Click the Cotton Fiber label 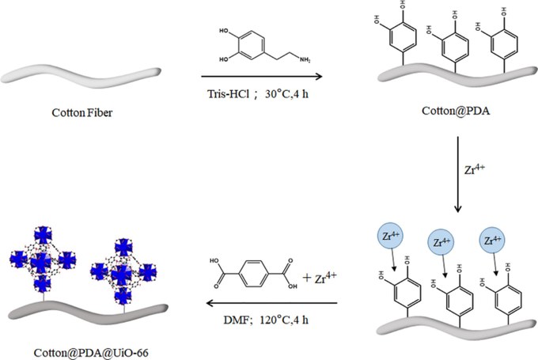82,112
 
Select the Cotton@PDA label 456,111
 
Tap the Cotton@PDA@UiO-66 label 91,353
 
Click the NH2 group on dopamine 305,59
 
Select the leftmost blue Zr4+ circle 391,237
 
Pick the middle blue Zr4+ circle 441,242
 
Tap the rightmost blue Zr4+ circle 492,240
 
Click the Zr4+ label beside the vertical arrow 475,169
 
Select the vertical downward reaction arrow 458,174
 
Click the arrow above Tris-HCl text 262,76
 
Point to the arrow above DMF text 271,303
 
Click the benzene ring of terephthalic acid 252,274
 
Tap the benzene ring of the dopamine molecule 252,46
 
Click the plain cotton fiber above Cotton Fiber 81,75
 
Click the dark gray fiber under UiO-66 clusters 88,311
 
